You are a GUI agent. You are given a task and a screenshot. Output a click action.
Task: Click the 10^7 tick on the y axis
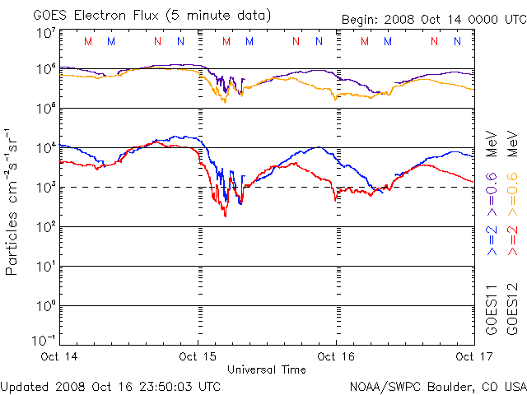[45, 33]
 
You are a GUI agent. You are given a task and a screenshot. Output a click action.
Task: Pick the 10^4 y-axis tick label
[45, 147]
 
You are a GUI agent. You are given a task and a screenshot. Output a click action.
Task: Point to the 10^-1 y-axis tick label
[44, 340]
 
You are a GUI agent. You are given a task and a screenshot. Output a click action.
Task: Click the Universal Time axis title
[267, 369]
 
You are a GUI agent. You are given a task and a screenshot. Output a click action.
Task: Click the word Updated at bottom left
[25, 385]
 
